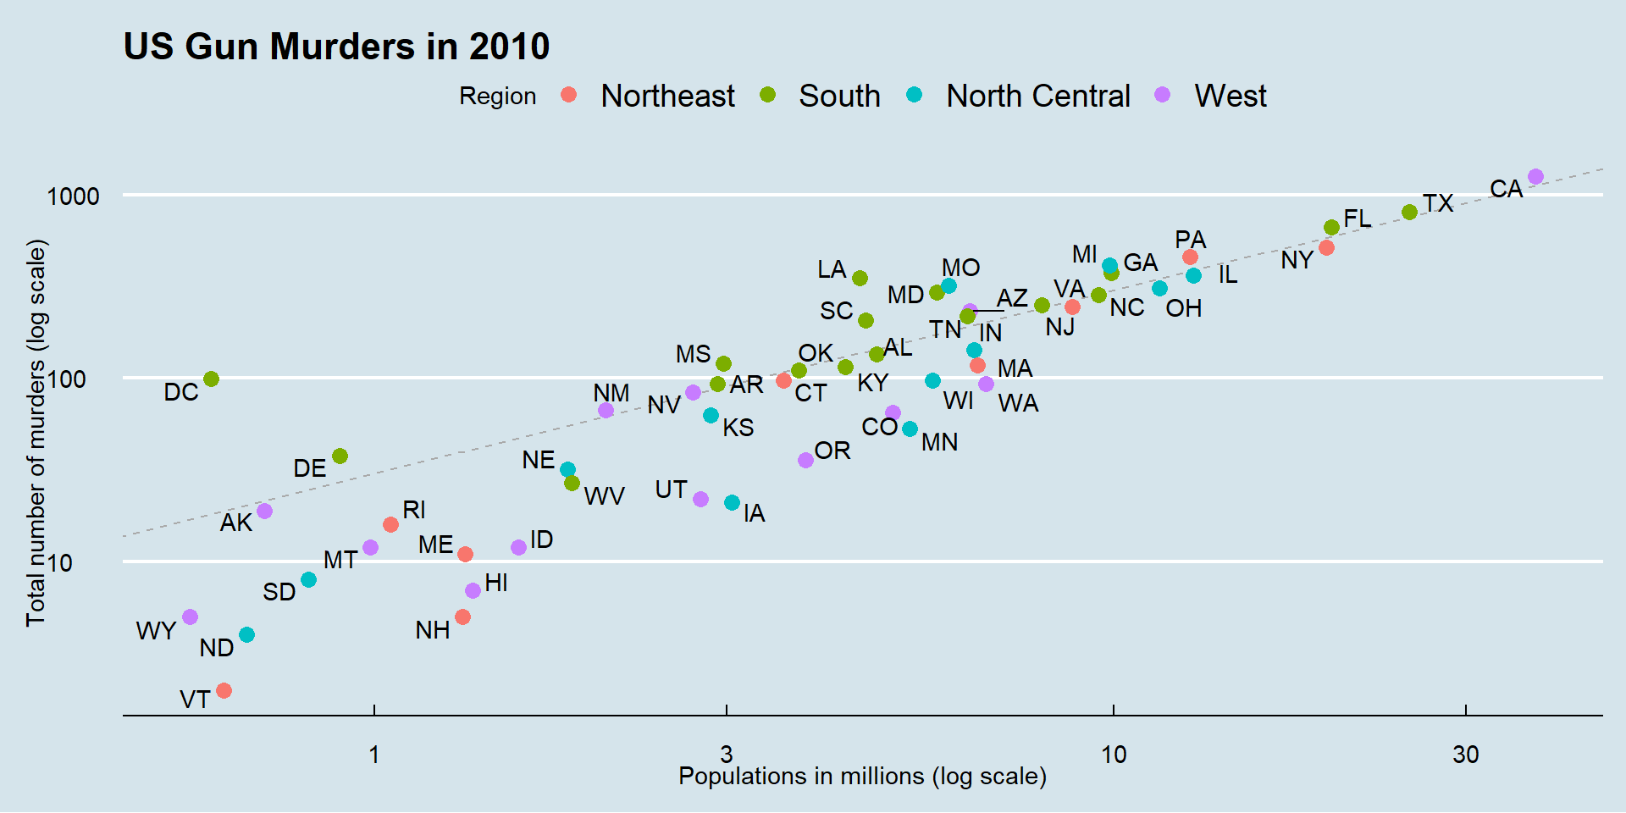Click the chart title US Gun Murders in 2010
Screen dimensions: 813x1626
tap(336, 47)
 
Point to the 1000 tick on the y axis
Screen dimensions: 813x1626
tap(74, 196)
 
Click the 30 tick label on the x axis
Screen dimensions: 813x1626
tap(1465, 755)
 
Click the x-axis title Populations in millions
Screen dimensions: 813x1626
tap(862, 777)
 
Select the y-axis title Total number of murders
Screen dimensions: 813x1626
tap(36, 433)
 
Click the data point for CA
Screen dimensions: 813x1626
tap(1535, 177)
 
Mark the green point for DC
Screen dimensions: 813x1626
tap(211, 379)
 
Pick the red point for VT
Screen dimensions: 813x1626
tap(224, 691)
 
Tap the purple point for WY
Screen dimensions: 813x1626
tap(190, 617)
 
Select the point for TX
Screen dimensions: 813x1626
tap(1409, 212)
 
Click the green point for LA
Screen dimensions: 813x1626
tap(860, 278)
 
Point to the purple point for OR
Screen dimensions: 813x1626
tap(805, 460)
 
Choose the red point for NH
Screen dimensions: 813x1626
tap(462, 617)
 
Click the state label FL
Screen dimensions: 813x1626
tap(1357, 218)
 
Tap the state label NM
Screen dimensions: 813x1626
tap(611, 393)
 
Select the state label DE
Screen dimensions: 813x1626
tap(309, 468)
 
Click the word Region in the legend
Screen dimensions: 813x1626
tap(497, 97)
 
